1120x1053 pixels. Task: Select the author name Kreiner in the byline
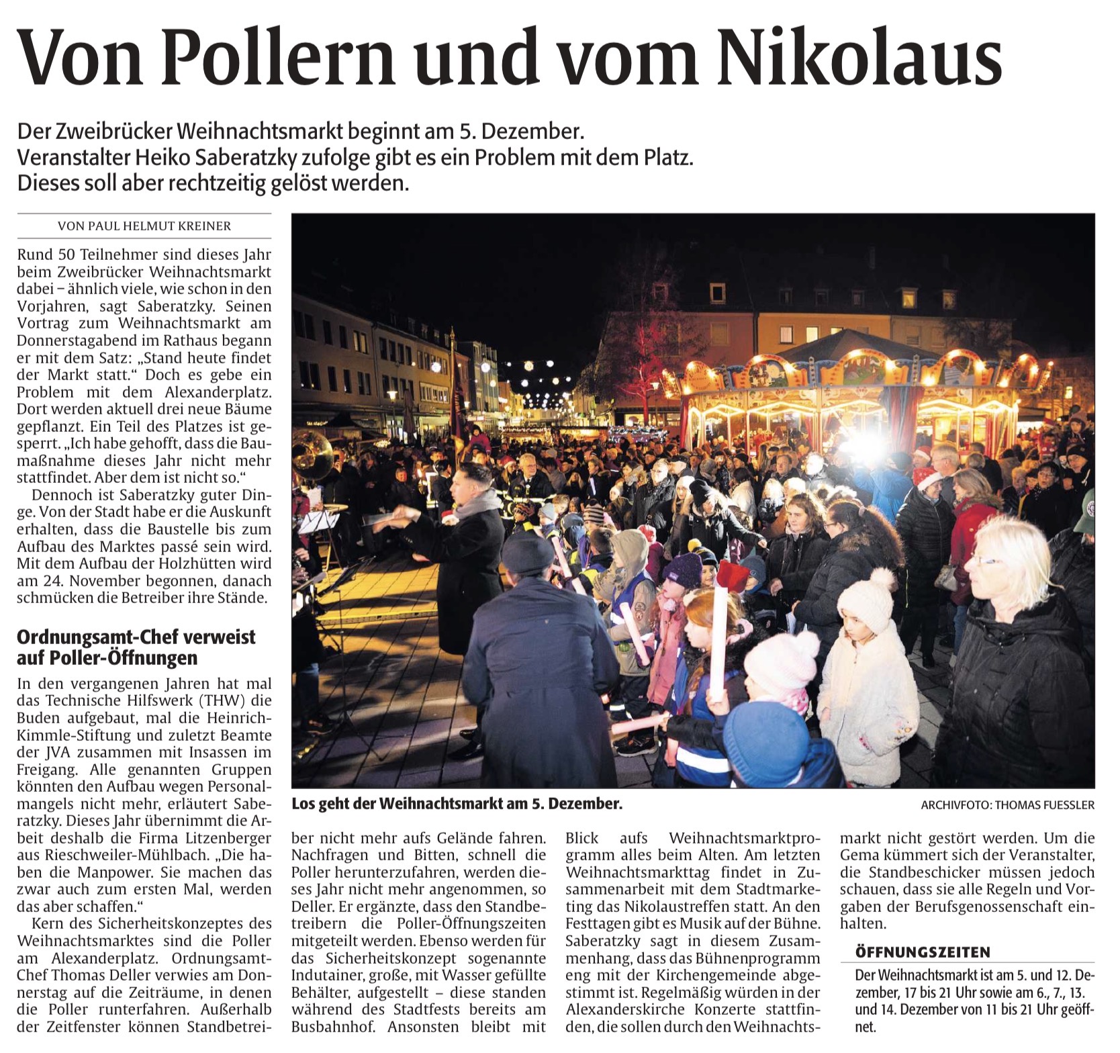(x=201, y=226)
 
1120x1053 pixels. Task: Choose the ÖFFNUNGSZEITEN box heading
(x=923, y=952)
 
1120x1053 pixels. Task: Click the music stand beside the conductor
(x=318, y=521)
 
